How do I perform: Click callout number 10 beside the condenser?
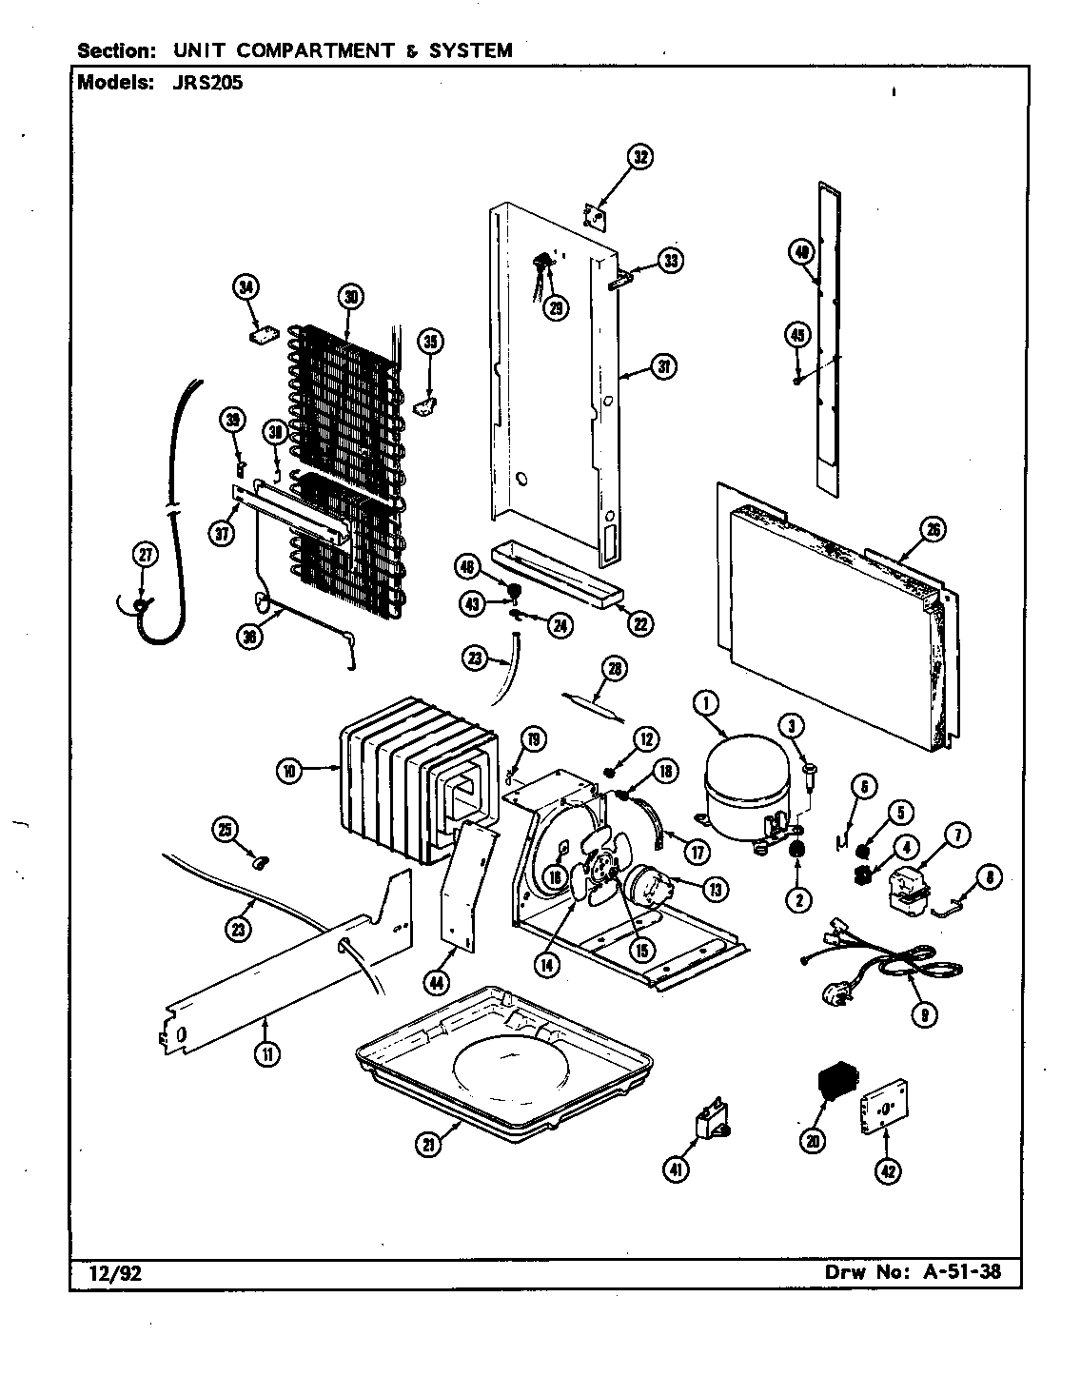coord(289,771)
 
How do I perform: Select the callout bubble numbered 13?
coord(713,888)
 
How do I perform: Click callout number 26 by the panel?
coord(934,530)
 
